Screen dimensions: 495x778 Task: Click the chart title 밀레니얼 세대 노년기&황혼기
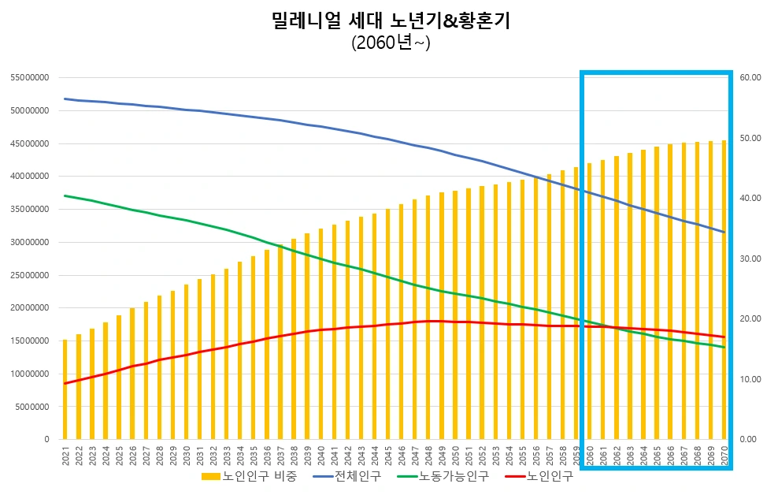[390, 21]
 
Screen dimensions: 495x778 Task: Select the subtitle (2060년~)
[390, 44]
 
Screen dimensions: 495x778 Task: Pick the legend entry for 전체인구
[348, 476]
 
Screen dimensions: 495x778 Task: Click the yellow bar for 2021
[65, 389]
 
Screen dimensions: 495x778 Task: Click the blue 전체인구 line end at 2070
[724, 232]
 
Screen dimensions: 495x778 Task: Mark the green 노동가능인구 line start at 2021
[65, 195]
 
